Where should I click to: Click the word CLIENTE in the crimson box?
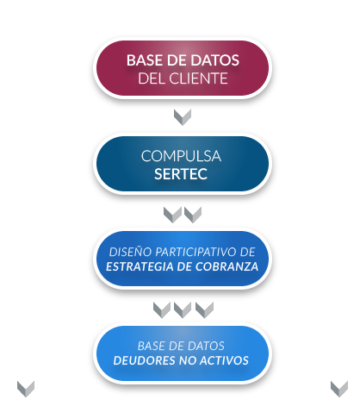[x=198, y=78]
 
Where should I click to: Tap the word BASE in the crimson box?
[x=143, y=60]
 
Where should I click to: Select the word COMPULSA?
[x=181, y=156]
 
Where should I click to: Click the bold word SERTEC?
[x=181, y=174]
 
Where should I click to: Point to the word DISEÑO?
[x=130, y=252]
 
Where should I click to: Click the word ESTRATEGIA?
[x=140, y=266]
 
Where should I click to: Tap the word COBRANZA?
[x=227, y=266]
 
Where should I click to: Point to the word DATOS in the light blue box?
[x=207, y=346]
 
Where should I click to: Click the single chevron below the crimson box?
[x=183, y=117]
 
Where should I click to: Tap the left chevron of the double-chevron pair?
[x=172, y=215]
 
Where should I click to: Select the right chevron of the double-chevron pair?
[x=193, y=215]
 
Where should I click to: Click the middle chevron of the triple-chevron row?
[x=183, y=310]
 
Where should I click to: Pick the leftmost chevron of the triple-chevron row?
[x=162, y=310]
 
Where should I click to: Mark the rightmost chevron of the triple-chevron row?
[x=204, y=310]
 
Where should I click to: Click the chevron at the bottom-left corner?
[x=26, y=389]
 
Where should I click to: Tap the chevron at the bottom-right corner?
[x=339, y=389]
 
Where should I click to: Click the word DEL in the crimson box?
[x=152, y=78]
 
